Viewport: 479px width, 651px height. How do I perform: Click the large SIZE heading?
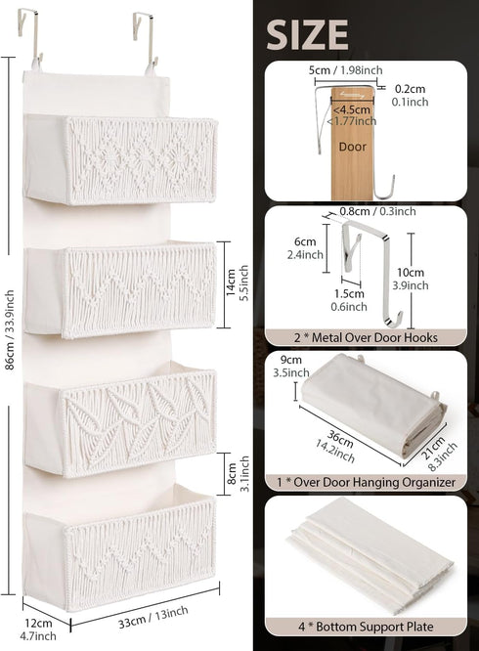[307, 35]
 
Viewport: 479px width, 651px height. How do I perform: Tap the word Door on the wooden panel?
[352, 147]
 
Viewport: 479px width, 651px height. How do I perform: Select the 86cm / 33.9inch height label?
[10, 330]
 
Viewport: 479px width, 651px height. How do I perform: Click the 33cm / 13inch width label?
[152, 618]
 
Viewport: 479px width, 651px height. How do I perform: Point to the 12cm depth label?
[38, 624]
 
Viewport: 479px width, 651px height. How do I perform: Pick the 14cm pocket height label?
[232, 282]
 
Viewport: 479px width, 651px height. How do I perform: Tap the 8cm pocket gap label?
[232, 473]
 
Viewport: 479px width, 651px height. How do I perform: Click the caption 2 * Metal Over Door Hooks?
[366, 337]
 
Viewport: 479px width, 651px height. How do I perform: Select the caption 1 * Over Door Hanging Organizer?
[367, 482]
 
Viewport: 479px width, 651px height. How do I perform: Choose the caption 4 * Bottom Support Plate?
[366, 627]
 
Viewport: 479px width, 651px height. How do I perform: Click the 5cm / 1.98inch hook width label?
[345, 70]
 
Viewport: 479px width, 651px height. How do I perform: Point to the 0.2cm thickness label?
[410, 89]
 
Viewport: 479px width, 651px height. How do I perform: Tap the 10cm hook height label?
[411, 273]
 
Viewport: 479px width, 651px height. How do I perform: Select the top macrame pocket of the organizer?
[120, 160]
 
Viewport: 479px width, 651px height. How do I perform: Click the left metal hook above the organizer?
[29, 38]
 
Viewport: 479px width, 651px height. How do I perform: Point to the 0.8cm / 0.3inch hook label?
[377, 211]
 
